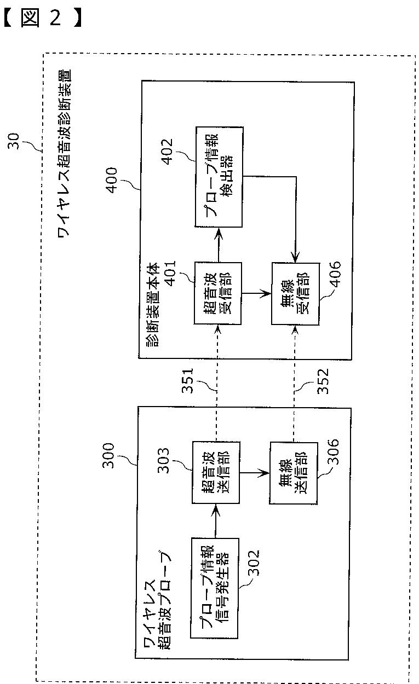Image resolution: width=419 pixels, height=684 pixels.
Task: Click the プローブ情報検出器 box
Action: pos(219,177)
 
